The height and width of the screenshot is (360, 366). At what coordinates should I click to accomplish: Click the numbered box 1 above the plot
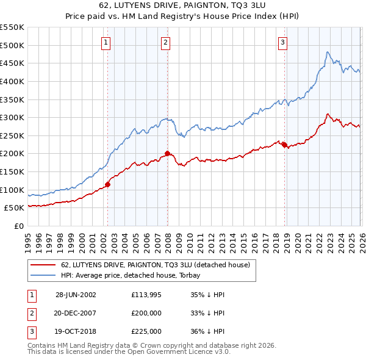(106, 42)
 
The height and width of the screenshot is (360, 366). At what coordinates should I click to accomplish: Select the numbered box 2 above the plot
(166, 42)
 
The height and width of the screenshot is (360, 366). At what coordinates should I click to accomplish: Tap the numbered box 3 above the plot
(283, 42)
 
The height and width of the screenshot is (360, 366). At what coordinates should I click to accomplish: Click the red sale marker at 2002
(108, 184)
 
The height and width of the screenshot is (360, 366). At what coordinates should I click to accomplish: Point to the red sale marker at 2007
(167, 153)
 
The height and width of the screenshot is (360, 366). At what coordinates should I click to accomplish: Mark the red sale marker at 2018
(284, 144)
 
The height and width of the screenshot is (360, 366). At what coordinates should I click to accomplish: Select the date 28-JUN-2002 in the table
(76, 294)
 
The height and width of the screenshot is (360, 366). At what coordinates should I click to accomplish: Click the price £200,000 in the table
(146, 312)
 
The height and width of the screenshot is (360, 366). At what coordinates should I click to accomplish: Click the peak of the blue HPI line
(328, 52)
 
